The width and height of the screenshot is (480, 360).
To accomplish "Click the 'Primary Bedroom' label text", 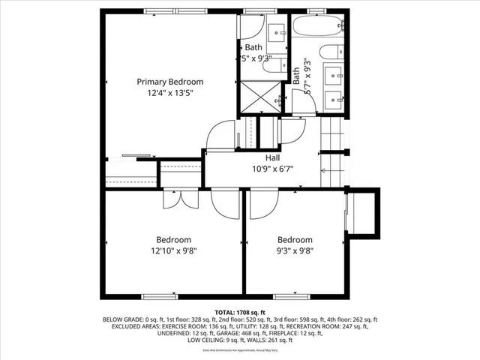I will [x=169, y=82].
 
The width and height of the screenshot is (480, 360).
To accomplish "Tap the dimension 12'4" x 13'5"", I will [x=169, y=94].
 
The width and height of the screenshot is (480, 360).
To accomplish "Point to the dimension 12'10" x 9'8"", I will [x=172, y=251].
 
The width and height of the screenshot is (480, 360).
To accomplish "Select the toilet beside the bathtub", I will [x=329, y=55].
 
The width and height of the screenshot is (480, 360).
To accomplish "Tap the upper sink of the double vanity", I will [x=335, y=75].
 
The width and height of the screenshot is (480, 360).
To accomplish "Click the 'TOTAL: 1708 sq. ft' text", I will [x=239, y=312].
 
